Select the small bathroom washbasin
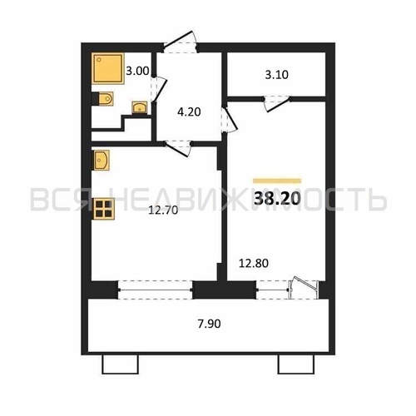[x=140, y=107]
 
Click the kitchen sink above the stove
[x=102, y=159]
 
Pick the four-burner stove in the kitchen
[x=103, y=209]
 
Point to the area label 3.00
[x=136, y=72]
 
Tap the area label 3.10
[x=276, y=76]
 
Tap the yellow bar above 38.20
[x=276, y=179]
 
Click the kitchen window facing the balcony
[x=156, y=290]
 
